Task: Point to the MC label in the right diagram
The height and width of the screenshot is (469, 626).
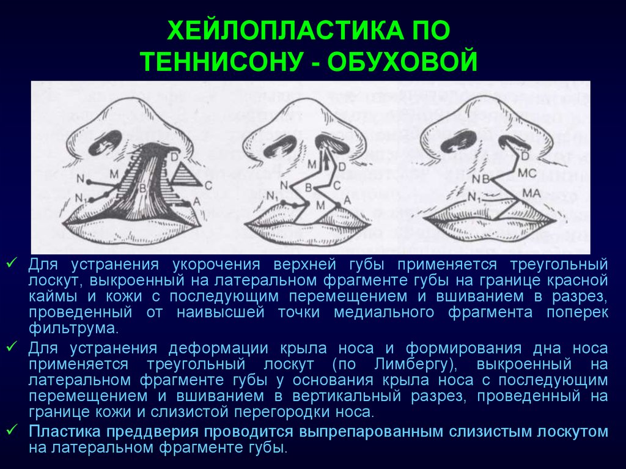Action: coord(527,174)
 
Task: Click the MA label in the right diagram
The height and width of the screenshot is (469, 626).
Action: coord(532,193)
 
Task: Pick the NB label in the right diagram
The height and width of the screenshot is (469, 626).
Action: coord(481,179)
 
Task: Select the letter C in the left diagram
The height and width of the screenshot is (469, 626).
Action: coord(208,186)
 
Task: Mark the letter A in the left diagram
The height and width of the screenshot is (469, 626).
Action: coord(196,202)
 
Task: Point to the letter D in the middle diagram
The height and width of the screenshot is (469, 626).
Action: coord(342,166)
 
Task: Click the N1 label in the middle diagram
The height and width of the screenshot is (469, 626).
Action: coord(272,196)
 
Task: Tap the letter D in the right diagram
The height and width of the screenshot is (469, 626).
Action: coord(525,155)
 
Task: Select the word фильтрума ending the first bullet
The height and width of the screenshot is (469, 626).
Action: coord(72,328)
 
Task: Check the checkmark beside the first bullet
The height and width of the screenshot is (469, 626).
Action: coord(12,263)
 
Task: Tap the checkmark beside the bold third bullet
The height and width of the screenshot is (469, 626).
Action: coord(12,430)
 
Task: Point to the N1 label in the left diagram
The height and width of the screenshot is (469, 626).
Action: coord(81,198)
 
